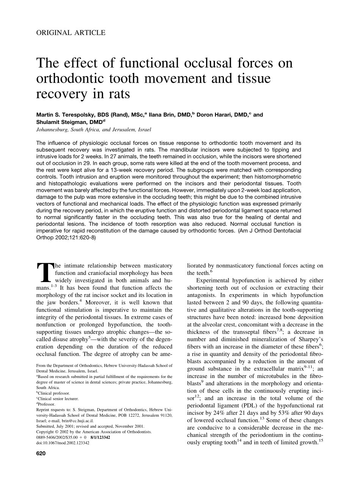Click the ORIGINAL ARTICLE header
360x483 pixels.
click(71, 33)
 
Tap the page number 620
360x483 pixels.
click(41, 453)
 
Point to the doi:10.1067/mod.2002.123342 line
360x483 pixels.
click(63, 442)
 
